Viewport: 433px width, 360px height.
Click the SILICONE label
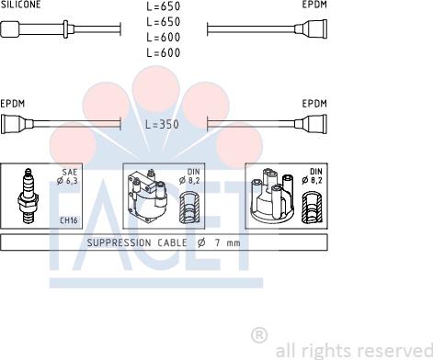pyautogui.click(x=20, y=4)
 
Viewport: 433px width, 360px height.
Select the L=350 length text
pyautogui.click(x=162, y=124)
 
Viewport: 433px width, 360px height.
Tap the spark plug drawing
pyautogui.click(x=28, y=196)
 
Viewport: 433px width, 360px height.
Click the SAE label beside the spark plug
pyautogui.click(x=70, y=172)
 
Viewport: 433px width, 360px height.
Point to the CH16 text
pyautogui.click(x=69, y=220)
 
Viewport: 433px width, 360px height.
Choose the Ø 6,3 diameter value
pyautogui.click(x=67, y=181)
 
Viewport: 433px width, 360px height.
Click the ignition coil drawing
pyautogui.click(x=147, y=196)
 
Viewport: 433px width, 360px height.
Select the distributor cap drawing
pyautogui.click(x=272, y=195)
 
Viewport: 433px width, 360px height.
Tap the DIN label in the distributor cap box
pyautogui.click(x=316, y=172)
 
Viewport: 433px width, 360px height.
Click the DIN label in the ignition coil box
pyautogui.click(x=193, y=172)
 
